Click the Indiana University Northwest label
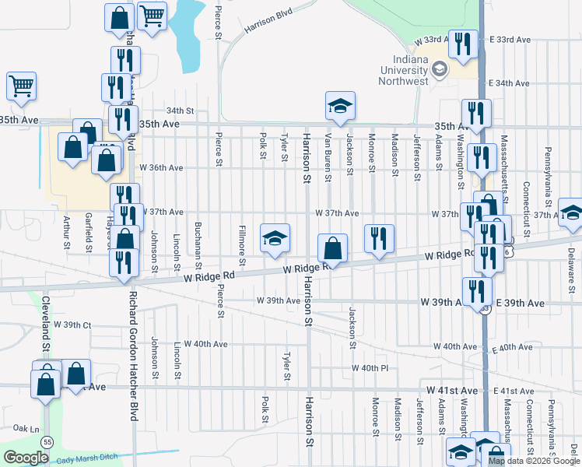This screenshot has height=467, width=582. [405, 70]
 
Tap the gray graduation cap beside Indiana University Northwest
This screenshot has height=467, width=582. [439, 71]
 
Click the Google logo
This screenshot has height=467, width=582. [26, 458]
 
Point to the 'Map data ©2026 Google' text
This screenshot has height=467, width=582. [534, 461]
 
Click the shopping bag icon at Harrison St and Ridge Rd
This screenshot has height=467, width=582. [332, 248]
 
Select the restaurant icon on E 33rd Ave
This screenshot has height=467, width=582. [464, 46]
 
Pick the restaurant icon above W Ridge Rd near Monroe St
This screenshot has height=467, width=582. [379, 240]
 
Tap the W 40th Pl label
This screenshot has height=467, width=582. [370, 367]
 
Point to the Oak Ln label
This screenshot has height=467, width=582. [26, 428]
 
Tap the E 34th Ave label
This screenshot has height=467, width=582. [509, 83]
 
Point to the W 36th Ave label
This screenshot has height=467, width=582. [161, 167]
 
